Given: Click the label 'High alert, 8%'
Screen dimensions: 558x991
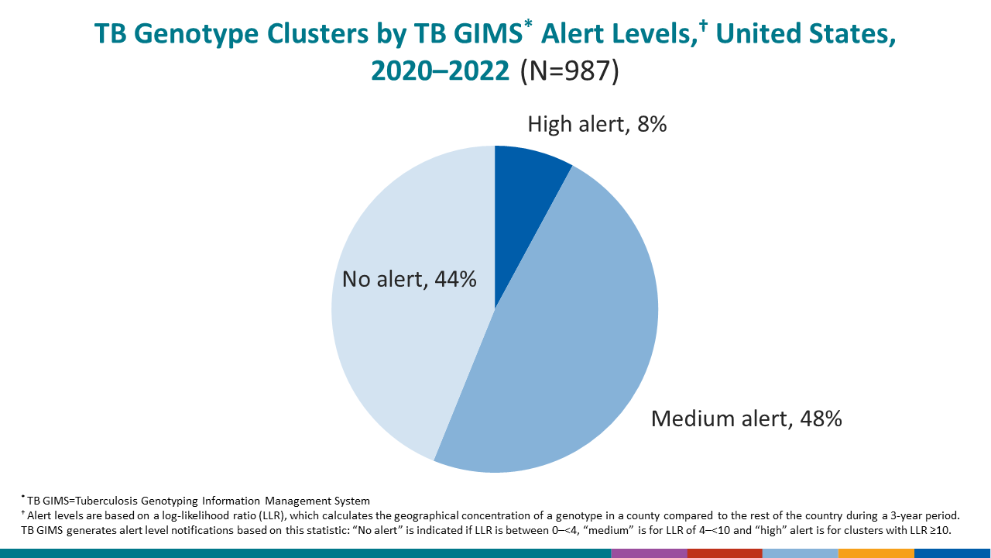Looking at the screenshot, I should [x=597, y=124].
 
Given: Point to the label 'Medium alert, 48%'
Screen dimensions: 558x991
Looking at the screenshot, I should [x=746, y=418].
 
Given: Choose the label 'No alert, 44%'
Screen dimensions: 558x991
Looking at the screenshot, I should [x=409, y=279].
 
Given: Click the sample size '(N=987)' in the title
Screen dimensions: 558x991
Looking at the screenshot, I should [x=570, y=71].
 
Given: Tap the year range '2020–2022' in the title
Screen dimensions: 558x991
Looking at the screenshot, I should [x=441, y=71].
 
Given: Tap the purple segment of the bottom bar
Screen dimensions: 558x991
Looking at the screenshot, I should [x=649, y=553].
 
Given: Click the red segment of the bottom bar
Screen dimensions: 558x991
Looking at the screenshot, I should [x=724, y=553].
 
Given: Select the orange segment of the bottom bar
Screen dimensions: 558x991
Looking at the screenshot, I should [x=876, y=553].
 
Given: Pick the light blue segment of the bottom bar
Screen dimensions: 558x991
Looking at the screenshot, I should [x=800, y=553].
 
